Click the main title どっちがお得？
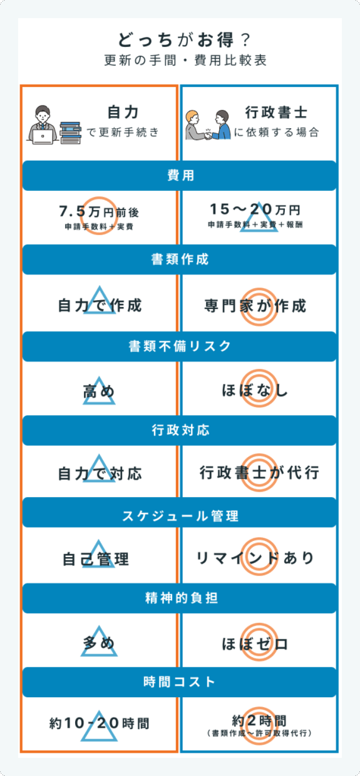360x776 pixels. click(180, 40)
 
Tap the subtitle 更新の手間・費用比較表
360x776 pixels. click(180, 61)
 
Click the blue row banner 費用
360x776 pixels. click(180, 176)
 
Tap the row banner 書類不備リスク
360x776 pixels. click(180, 346)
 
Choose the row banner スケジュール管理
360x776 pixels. click(180, 517)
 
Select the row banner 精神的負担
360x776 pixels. click(180, 598)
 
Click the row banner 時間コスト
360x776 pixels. click(180, 682)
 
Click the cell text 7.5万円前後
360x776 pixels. click(99, 212)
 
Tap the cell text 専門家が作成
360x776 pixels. click(255, 305)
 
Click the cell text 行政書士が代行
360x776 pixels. click(259, 473)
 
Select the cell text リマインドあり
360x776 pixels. click(255, 558)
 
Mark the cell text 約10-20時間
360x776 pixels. click(99, 724)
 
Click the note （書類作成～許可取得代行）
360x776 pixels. click(259, 733)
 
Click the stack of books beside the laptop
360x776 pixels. click(70, 132)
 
